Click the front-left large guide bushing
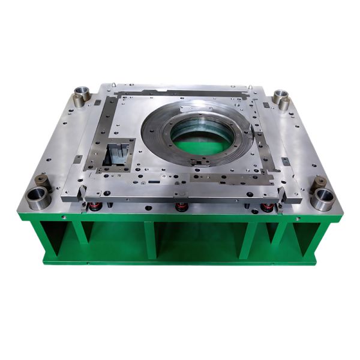point(38,197)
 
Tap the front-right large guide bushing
point(323,199)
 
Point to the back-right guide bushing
point(280,97)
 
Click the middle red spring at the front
point(180,208)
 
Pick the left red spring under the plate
point(94,207)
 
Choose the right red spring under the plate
point(266,208)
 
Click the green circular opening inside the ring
point(202,140)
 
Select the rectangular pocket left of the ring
point(118,154)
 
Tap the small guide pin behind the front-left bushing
point(43,180)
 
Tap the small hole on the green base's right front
point(298,218)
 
